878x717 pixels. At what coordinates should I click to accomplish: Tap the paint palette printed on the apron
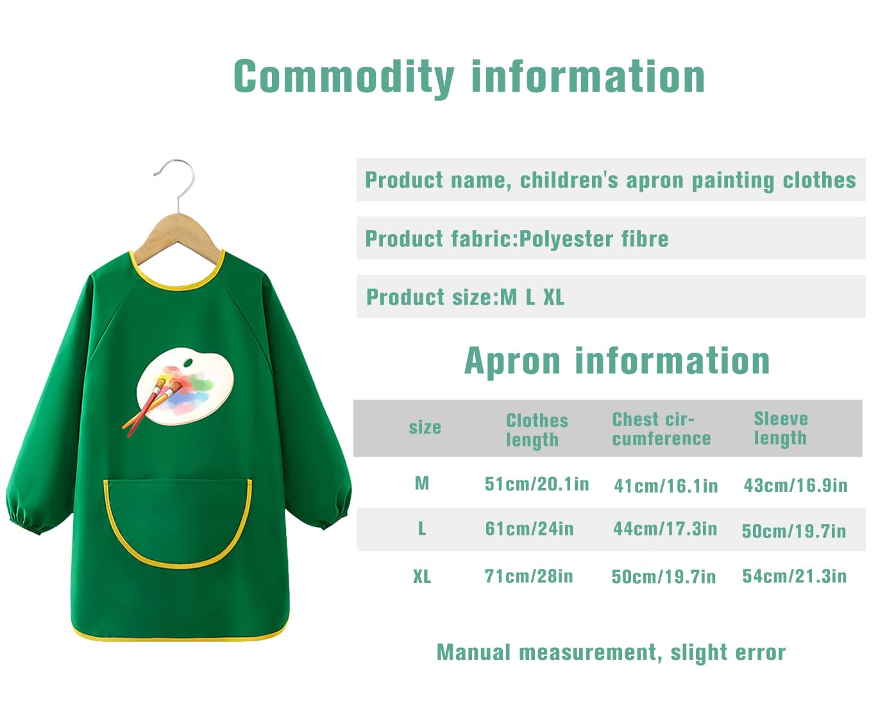[x=186, y=386]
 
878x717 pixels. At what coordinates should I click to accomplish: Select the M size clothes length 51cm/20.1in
[x=537, y=484]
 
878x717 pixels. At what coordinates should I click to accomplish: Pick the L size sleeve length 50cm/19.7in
[x=793, y=531]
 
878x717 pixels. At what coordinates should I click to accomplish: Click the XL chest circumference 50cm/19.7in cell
[x=664, y=577]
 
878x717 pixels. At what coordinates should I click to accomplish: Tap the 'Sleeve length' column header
[x=781, y=429]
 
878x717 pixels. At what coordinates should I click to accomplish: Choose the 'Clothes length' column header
[x=537, y=430]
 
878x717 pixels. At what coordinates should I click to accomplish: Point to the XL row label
[x=422, y=577]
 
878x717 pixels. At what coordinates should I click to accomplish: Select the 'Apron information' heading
[x=616, y=361]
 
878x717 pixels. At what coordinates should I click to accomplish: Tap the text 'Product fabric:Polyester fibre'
[x=517, y=239]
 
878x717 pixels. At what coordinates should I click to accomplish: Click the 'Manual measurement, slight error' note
[x=611, y=652]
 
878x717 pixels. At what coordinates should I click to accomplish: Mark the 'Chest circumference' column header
[x=661, y=429]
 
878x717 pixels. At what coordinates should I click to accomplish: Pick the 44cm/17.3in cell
[x=665, y=529]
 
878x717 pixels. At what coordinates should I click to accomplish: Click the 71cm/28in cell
[x=528, y=577]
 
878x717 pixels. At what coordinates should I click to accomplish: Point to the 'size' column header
[x=425, y=428]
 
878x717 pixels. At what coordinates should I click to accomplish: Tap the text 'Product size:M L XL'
[x=466, y=298]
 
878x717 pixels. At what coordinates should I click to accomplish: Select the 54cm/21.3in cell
[x=795, y=577]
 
